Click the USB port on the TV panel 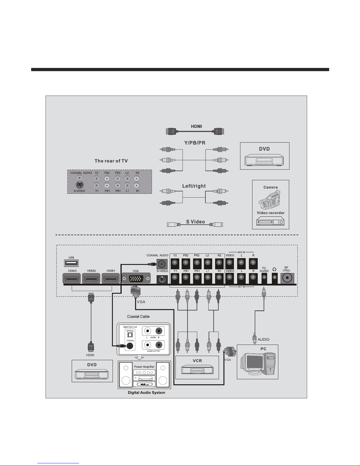tap(71, 263)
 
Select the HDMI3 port tap(71, 278)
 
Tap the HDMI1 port tap(110, 278)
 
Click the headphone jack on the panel tap(275, 277)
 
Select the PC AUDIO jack tap(264, 277)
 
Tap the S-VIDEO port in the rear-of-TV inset tap(79, 185)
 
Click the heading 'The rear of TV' tap(111, 161)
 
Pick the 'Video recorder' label tap(271, 213)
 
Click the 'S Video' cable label tap(195, 222)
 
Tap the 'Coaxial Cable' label tap(138, 317)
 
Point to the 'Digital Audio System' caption tap(146, 392)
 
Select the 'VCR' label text tap(197, 361)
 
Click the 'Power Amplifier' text tap(144, 367)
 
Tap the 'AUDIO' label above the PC tap(263, 339)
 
